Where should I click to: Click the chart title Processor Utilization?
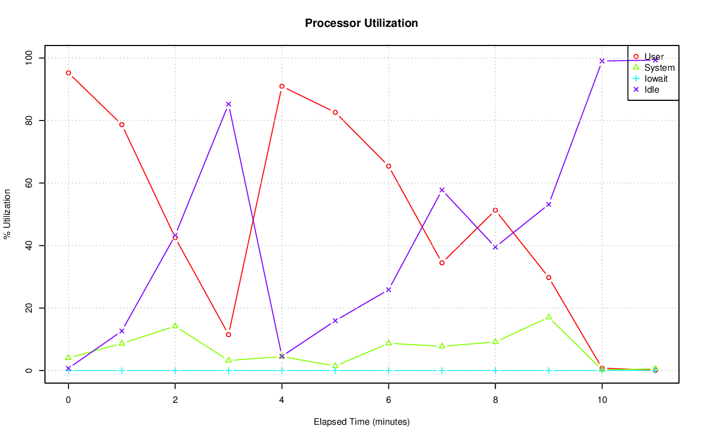click(361, 24)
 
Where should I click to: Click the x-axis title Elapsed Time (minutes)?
click(361, 422)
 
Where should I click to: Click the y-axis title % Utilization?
click(7, 214)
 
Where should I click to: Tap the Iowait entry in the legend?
click(656, 78)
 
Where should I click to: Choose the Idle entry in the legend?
click(652, 89)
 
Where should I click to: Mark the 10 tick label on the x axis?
click(602, 401)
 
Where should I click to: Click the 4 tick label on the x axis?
click(282, 401)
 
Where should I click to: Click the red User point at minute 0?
click(68, 73)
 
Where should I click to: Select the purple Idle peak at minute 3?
click(228, 104)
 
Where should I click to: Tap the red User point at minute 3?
click(228, 334)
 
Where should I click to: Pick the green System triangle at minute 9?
click(548, 317)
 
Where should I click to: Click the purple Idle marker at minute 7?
click(441, 190)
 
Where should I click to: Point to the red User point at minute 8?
click(495, 210)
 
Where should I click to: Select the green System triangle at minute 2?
click(175, 326)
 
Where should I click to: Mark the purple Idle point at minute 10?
click(602, 61)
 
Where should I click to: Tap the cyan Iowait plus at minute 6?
click(388, 370)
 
